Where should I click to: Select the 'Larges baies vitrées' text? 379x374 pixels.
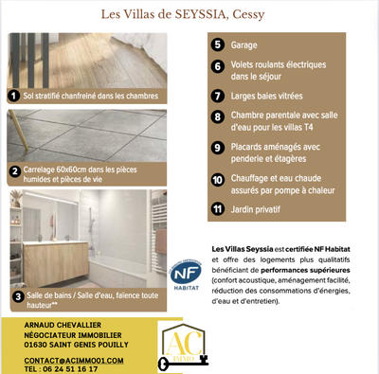[x=269, y=97]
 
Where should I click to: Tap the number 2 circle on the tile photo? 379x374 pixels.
[x=14, y=172]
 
